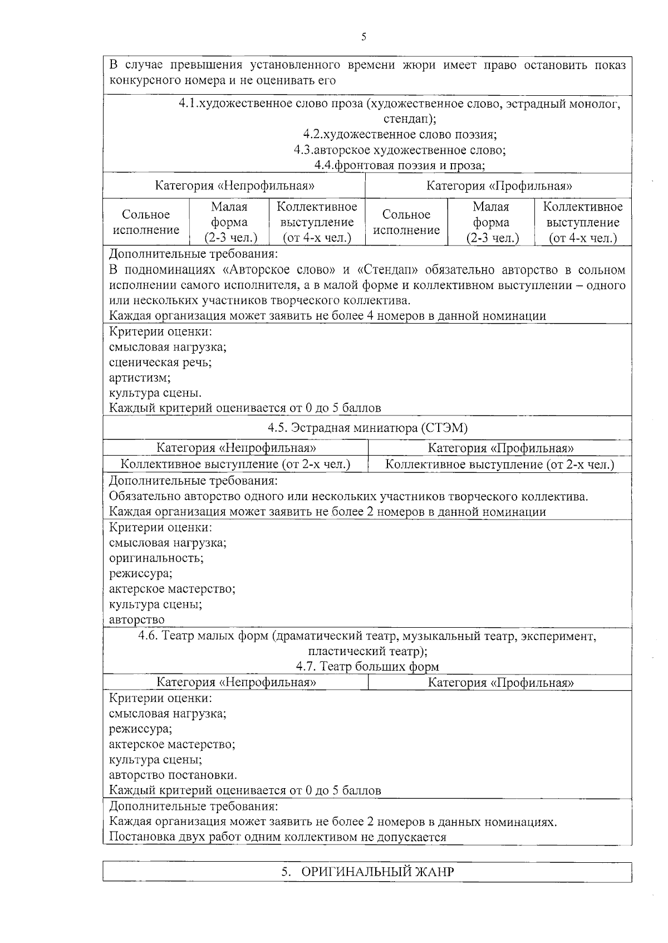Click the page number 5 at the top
364,37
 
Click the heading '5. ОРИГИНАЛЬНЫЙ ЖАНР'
367,872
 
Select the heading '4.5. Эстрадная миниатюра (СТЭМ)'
367,428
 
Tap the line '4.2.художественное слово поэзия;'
400,134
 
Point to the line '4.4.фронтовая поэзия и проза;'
399,165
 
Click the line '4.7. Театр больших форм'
367,666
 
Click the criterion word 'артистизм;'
140,378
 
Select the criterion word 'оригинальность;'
156,558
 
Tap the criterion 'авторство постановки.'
173,775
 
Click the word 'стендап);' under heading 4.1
410,119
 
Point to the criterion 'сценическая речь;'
160,363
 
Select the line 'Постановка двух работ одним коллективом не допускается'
278,837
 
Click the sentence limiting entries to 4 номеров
327,316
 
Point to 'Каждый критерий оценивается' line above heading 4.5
245,408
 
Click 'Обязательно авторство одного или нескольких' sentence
348,496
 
